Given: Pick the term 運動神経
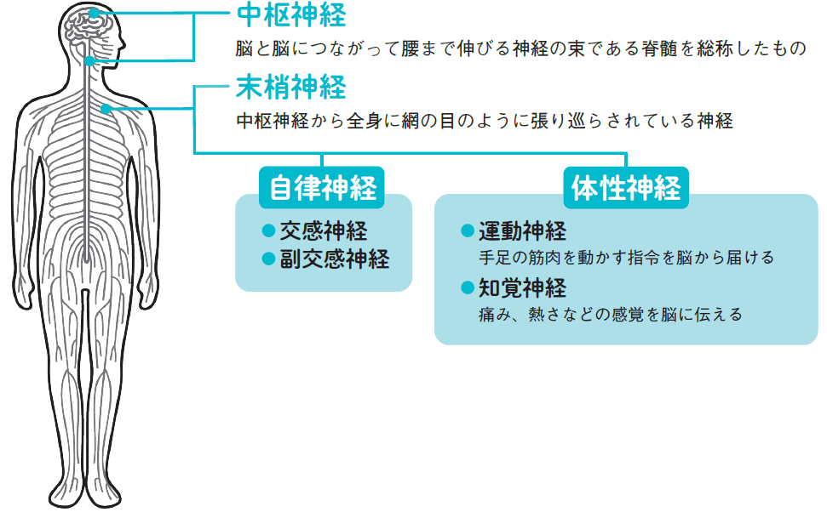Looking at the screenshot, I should [522, 231].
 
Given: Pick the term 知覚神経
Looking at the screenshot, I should [522, 287].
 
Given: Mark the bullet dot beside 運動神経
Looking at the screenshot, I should [467, 230].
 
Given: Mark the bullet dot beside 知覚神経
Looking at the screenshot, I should [467, 287].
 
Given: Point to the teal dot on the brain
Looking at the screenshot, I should [93, 14].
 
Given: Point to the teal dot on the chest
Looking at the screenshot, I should [106, 109].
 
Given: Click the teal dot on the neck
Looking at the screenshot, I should [90, 61].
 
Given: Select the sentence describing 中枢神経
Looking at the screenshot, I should [520, 48].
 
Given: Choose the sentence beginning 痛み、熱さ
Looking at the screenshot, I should [611, 314].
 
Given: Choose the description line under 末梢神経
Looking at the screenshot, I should [484, 121].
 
